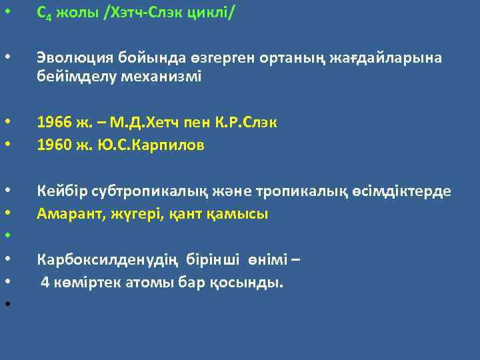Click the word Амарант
click(65, 214)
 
